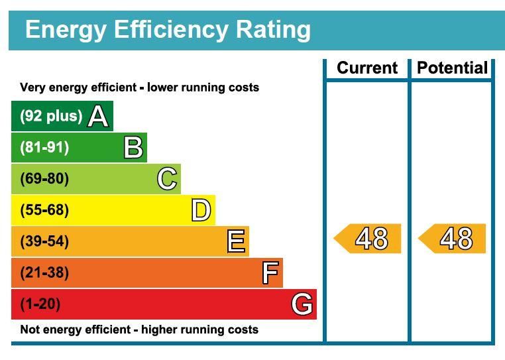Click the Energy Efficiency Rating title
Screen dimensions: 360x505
tap(168, 30)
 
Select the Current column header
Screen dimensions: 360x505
tap(367, 68)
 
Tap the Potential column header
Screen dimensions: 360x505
tap(453, 68)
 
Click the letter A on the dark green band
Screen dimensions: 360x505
tap(98, 117)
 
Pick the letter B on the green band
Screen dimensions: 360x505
tap(133, 148)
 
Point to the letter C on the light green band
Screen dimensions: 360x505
tap(167, 179)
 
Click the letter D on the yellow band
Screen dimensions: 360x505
tap(201, 211)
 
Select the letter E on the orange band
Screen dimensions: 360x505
tap(236, 241)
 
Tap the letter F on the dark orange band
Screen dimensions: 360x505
tap(270, 272)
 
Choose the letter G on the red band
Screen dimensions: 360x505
tap(302, 304)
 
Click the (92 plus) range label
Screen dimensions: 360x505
tap(51, 116)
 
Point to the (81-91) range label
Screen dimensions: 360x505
tap(44, 147)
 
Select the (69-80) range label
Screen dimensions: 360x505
tap(44, 179)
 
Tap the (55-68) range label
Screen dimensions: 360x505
tap(44, 210)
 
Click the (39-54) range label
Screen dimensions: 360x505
tap(44, 241)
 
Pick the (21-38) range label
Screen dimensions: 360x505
tap(44, 272)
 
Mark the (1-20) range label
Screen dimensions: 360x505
tap(40, 304)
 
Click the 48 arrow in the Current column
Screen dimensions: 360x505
tap(368, 239)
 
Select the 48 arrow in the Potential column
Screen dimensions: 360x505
tap(453, 239)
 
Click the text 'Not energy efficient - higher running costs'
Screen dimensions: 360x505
tap(139, 330)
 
